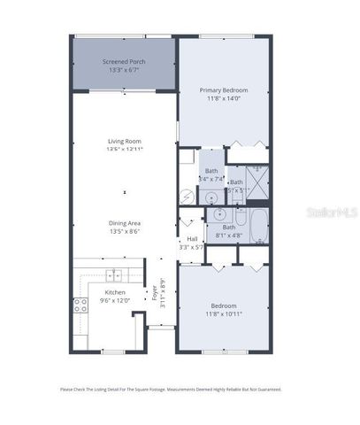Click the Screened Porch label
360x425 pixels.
(124, 62)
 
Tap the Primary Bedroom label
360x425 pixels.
(223, 90)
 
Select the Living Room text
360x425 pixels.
(125, 141)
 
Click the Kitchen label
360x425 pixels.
(116, 292)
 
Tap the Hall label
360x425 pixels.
(191, 239)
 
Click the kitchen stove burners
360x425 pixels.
(81, 306)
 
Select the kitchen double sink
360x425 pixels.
(113, 274)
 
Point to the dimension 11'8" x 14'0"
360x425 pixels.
(223, 98)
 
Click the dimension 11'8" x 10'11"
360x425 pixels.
(223, 313)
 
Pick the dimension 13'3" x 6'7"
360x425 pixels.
(124, 70)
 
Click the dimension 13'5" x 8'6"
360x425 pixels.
(125, 231)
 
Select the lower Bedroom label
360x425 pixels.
(223, 305)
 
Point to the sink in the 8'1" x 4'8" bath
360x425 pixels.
(217, 214)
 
